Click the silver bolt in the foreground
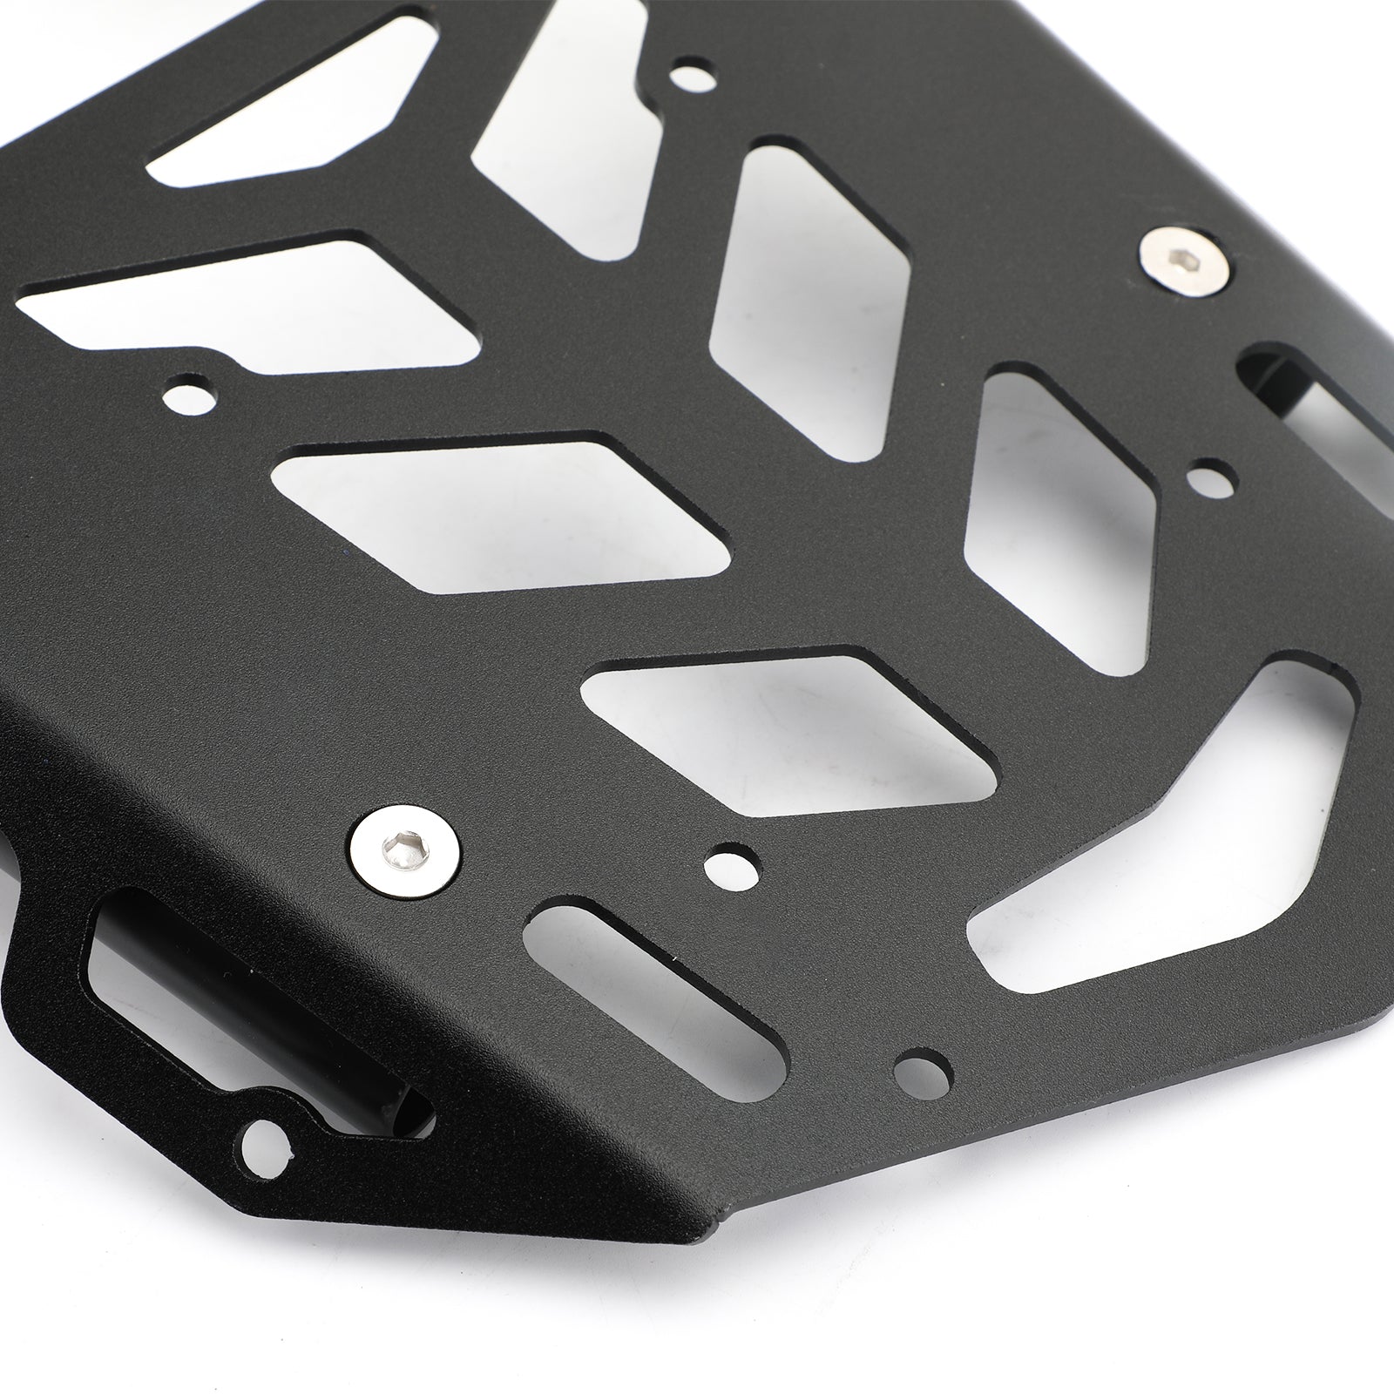pyautogui.click(x=403, y=849)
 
